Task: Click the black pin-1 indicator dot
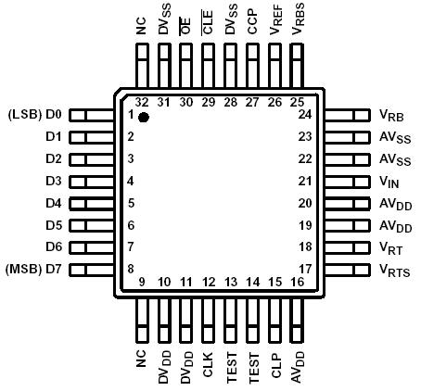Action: [144, 118]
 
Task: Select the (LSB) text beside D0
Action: [24, 115]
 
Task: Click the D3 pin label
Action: [53, 182]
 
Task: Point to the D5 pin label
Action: [53, 225]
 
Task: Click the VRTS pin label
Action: [395, 270]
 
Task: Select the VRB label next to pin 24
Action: [390, 116]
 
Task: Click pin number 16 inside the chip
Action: [297, 282]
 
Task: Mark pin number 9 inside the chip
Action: [142, 282]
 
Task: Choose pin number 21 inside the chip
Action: [305, 182]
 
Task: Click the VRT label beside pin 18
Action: [390, 247]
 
